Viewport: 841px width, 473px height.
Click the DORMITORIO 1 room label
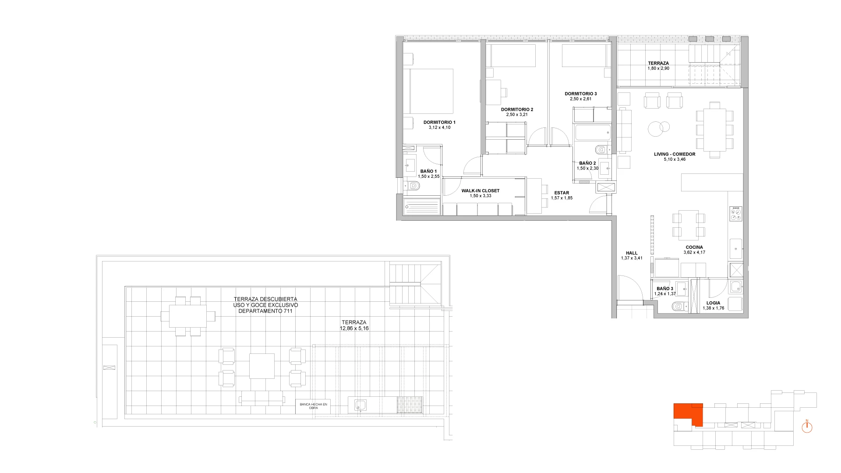point(439,122)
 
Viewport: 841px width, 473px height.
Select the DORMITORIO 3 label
point(580,94)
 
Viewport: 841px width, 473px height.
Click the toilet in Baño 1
point(412,186)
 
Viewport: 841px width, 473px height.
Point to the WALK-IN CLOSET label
point(480,191)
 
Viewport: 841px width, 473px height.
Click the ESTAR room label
point(562,193)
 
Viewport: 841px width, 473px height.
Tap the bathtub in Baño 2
point(592,133)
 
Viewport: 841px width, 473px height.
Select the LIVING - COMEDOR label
point(675,154)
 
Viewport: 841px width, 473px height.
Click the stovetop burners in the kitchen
point(736,213)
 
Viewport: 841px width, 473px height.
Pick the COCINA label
point(694,247)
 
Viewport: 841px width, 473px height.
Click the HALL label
point(632,253)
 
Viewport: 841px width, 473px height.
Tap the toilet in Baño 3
point(678,307)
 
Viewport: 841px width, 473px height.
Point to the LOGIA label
point(713,303)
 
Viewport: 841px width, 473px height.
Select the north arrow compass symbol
point(807,427)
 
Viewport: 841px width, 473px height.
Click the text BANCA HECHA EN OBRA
point(313,406)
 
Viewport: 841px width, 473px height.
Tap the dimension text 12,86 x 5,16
point(354,328)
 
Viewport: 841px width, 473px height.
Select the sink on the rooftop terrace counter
point(360,406)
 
